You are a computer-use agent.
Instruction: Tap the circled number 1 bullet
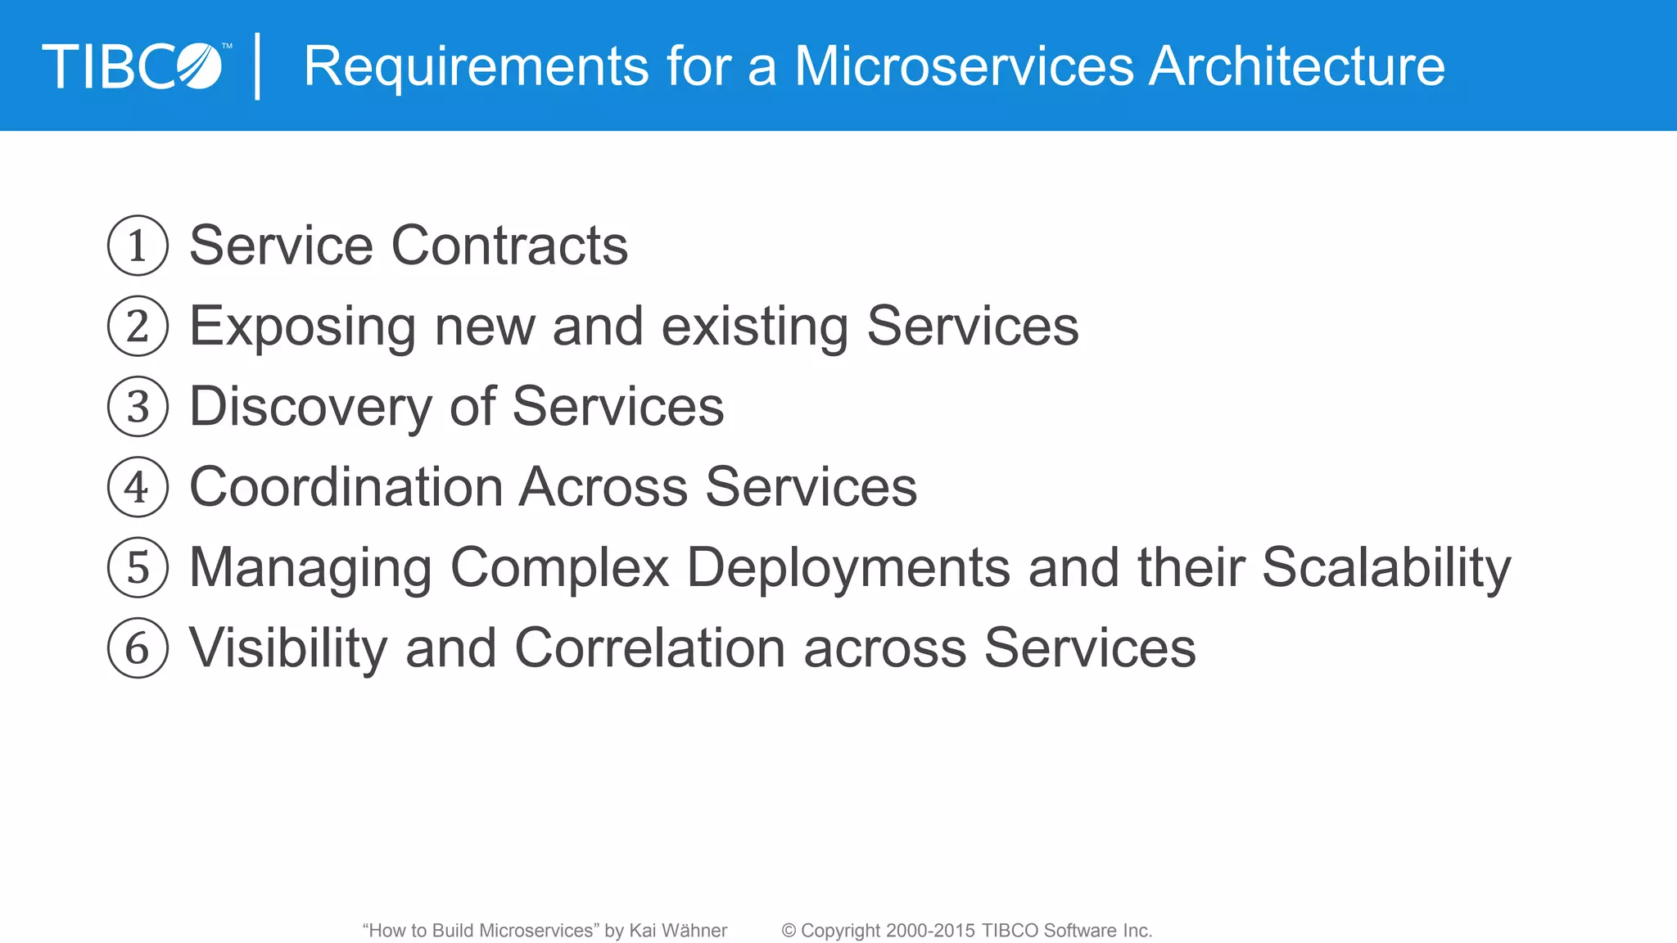138,246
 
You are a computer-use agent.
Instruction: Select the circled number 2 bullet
138,326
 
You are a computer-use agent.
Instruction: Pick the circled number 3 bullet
138,407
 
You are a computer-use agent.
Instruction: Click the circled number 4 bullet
138,487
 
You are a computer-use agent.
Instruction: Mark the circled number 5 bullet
138,567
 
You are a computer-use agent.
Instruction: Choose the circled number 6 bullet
138,648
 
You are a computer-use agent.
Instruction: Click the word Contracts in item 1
509,246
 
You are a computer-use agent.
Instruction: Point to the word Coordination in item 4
346,487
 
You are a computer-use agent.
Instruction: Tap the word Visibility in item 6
288,648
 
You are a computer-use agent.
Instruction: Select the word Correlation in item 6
650,648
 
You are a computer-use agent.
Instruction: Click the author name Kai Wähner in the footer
677,931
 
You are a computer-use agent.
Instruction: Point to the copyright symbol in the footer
789,931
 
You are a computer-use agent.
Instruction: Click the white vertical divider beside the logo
258,66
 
